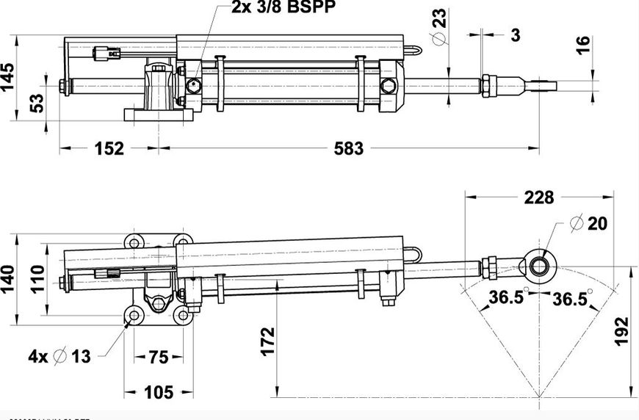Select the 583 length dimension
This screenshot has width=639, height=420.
[x=348, y=148]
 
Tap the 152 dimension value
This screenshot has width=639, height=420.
[x=109, y=148]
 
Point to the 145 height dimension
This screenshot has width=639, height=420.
[x=9, y=76]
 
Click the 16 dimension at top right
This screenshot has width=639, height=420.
[x=582, y=45]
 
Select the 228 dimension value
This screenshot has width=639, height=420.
[x=538, y=198]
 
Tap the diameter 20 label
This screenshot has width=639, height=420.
[x=589, y=224]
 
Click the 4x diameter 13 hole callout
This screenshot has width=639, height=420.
[x=60, y=357]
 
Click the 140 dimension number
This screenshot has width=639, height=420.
[x=8, y=280]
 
